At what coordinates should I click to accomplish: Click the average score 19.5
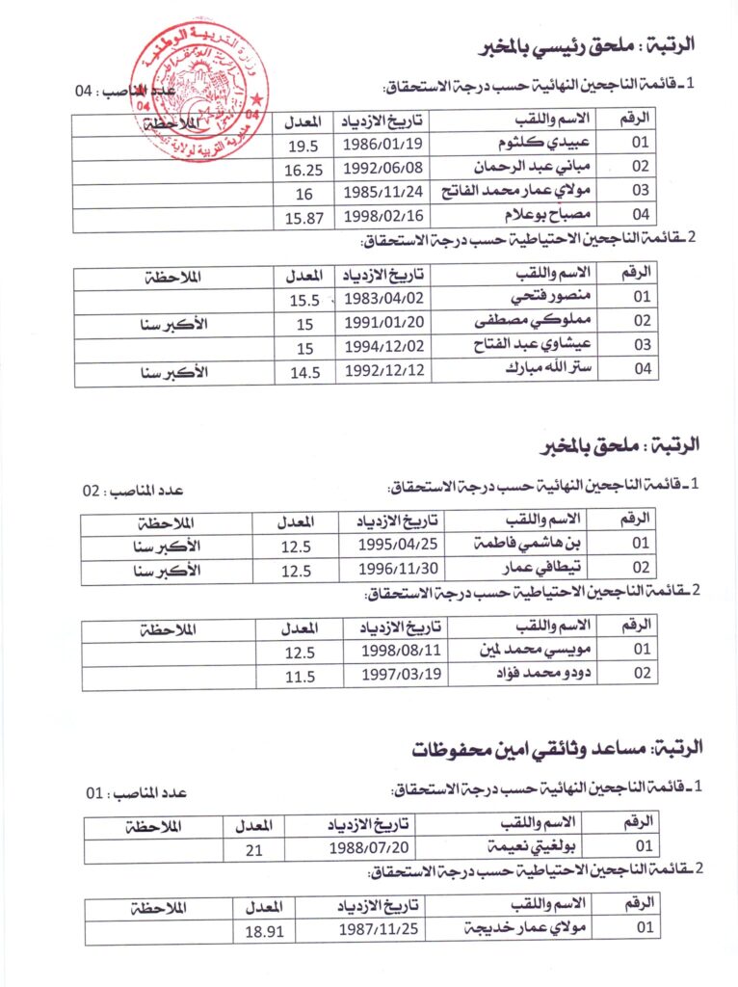pyautogui.click(x=303, y=146)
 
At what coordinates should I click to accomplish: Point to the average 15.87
pyautogui.click(x=303, y=217)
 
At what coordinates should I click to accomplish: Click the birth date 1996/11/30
pyautogui.click(x=397, y=569)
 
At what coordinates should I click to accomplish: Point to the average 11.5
pyautogui.click(x=299, y=676)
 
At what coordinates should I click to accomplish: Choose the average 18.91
pyautogui.click(x=263, y=932)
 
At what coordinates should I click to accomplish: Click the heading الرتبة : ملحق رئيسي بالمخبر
pyautogui.click(x=588, y=44)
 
